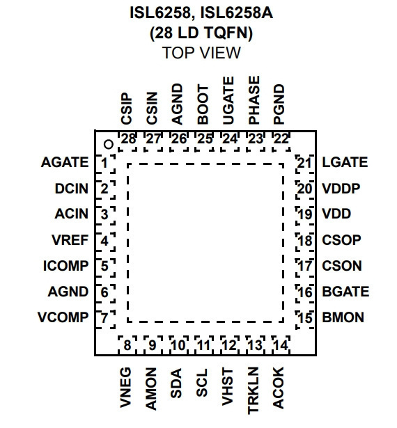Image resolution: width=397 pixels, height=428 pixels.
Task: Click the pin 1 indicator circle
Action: tap(109, 144)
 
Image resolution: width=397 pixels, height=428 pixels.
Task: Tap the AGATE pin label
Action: tap(65, 162)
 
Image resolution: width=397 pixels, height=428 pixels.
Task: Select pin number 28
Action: tap(128, 139)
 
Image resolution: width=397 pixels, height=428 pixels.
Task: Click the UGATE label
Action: tap(228, 100)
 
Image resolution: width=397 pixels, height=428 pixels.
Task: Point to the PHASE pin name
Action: tap(254, 100)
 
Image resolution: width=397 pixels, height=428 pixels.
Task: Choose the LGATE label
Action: tap(345, 162)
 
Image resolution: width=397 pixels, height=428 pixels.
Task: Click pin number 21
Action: tap(304, 164)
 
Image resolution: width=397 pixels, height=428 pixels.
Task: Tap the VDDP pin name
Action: tap(341, 189)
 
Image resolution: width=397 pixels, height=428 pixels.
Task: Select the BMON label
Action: tap(343, 317)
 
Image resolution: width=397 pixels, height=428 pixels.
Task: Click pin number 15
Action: tap(304, 318)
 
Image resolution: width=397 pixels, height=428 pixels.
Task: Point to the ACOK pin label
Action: tap(279, 388)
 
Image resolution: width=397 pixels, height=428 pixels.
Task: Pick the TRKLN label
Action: tap(253, 390)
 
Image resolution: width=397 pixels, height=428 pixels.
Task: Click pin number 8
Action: tap(127, 345)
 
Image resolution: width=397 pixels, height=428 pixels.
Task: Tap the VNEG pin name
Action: tap(125, 388)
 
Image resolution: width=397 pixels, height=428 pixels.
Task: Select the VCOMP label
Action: tap(63, 317)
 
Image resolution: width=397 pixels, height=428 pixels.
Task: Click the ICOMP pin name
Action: tap(66, 266)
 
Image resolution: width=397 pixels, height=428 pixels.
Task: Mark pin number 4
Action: tap(104, 241)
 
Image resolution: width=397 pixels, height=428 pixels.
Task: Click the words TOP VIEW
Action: tap(201, 53)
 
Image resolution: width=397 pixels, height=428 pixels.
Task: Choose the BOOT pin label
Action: tap(203, 104)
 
